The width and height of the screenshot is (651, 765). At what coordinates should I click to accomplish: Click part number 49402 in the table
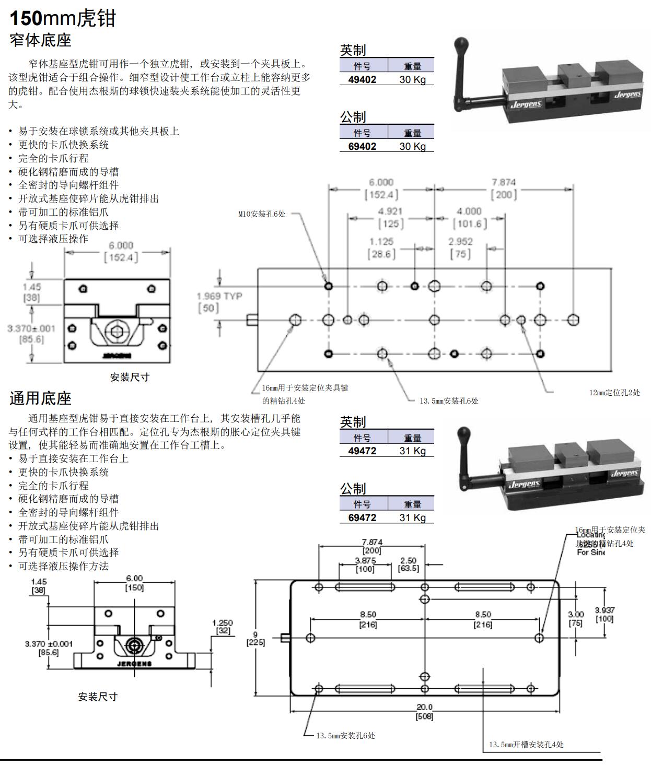tap(362, 79)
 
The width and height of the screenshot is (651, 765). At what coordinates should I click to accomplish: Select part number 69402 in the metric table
tap(362, 146)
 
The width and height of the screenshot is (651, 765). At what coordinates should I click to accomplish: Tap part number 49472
tap(362, 451)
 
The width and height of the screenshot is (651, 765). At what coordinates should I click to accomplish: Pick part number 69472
tap(362, 517)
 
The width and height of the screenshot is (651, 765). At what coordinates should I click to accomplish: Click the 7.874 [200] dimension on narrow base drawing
tap(504, 189)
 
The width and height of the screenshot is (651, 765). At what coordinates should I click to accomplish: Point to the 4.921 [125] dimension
tap(391, 217)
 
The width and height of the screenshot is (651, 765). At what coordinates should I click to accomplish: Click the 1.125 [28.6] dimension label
tap(381, 248)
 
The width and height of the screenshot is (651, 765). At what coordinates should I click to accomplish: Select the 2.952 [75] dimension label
tap(460, 248)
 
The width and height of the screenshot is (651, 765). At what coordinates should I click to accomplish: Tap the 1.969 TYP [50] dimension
tap(219, 302)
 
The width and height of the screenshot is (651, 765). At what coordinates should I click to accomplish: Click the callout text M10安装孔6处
tap(262, 214)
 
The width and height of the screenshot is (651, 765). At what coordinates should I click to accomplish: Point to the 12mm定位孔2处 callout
tap(614, 392)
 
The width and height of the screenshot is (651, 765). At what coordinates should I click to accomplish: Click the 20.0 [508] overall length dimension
tap(424, 712)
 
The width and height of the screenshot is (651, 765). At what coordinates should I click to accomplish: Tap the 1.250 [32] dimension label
tap(223, 627)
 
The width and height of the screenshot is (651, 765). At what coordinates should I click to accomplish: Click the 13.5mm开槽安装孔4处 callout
tap(526, 745)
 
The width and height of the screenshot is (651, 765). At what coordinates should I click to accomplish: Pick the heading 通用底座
tap(40, 398)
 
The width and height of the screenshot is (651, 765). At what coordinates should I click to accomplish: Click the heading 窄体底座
tap(40, 40)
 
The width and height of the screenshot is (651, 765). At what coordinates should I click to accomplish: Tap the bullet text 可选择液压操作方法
tap(63, 566)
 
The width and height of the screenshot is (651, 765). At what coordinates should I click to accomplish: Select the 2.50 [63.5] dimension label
tap(408, 564)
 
